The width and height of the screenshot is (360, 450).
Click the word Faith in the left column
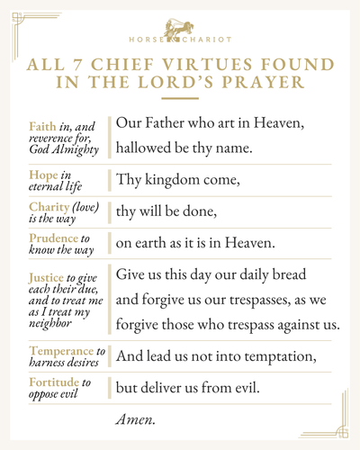(42, 125)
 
